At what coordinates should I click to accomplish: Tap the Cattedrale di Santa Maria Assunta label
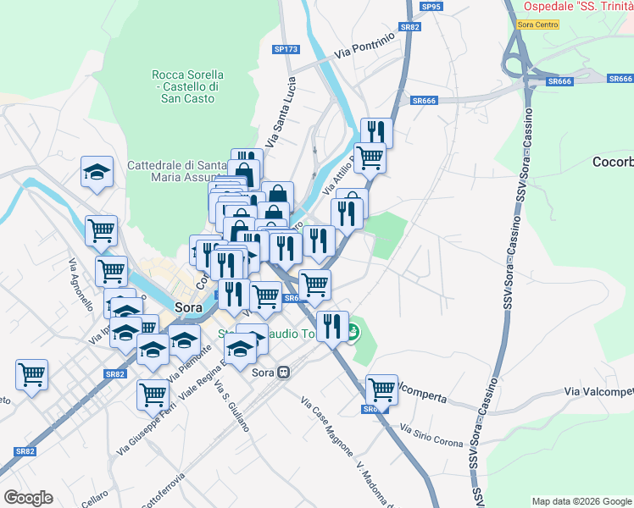[x=176, y=171]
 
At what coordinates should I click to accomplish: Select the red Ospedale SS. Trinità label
[x=578, y=6]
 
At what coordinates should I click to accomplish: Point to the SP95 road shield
[x=431, y=7]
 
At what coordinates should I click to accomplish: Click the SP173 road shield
[x=286, y=50]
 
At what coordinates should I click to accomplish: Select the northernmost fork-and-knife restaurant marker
[x=375, y=132]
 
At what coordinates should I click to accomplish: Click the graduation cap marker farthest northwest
[x=97, y=172]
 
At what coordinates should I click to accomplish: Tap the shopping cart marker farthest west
[x=31, y=374]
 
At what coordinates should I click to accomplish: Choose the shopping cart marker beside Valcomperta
[x=381, y=389]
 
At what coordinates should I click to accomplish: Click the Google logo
[x=28, y=498]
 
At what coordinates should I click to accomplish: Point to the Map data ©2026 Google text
[x=581, y=501]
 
